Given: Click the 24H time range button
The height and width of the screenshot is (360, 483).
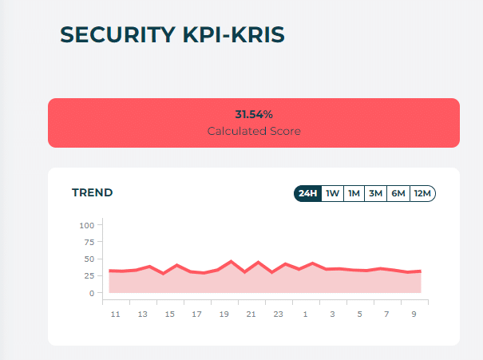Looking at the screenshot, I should [307, 193].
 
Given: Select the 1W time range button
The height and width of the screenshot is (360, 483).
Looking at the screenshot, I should [333, 193].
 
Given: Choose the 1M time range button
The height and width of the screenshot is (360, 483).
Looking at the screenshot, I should [354, 193].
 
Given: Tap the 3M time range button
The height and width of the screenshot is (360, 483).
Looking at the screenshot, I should [376, 193].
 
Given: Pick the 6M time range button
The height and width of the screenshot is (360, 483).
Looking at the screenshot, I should [398, 193].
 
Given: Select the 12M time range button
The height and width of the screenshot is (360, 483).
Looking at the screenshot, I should [422, 193].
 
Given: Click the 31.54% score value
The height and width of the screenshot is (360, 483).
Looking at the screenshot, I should [254, 115].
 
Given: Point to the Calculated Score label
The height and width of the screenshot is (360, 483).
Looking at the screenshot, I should [254, 131].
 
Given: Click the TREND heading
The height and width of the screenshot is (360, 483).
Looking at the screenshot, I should [93, 192].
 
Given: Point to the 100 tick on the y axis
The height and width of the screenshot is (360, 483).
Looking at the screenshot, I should [87, 225].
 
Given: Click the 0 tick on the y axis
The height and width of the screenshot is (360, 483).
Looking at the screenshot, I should [92, 293].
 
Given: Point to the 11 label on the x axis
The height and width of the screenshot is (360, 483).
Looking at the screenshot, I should [115, 315].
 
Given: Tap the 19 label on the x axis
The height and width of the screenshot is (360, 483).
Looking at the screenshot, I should [224, 315].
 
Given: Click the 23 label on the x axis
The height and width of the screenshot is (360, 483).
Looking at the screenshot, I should [278, 315].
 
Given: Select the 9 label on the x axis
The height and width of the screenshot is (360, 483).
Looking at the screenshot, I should [414, 315].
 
